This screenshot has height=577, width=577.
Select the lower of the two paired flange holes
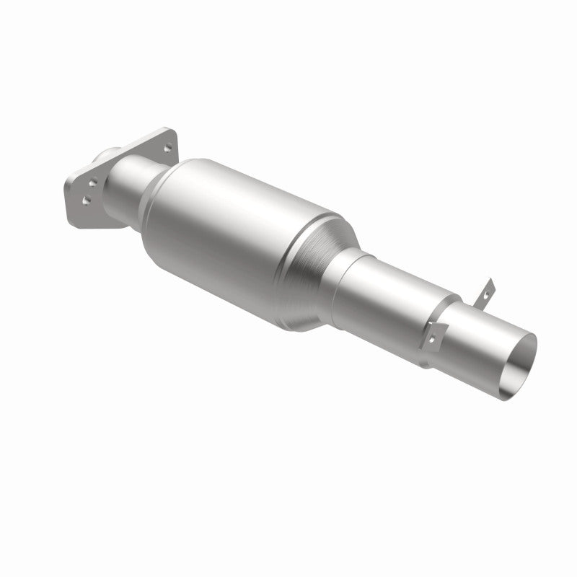87,201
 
